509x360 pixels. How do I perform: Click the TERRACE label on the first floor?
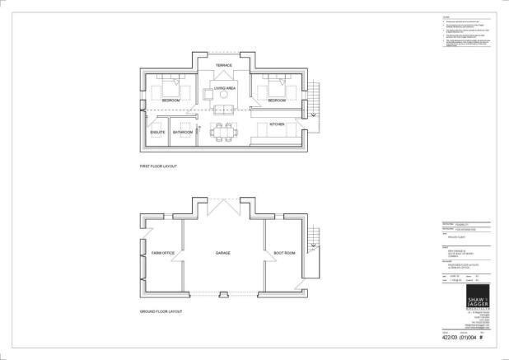223,64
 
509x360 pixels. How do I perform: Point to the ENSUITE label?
157,133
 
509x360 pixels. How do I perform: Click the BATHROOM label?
183,133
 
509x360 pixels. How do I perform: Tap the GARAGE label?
222,253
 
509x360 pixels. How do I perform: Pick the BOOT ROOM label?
284,253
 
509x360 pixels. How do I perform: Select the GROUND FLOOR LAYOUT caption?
161,311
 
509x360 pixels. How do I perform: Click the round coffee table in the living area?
223,96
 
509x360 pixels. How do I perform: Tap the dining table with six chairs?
222,129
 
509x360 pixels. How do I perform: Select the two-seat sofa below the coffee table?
222,110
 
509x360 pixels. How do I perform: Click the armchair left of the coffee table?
205,95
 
